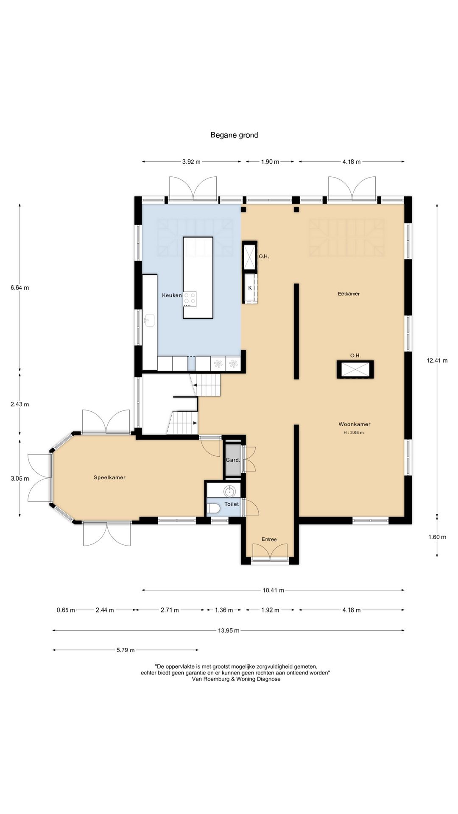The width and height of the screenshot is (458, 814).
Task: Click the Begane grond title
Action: coord(234,135)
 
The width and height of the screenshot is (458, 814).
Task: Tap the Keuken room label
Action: coord(172,295)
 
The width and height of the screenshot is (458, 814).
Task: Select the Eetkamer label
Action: coord(349,293)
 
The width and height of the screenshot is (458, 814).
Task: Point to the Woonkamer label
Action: coord(355,424)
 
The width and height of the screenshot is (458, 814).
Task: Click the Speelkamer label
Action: coord(109,477)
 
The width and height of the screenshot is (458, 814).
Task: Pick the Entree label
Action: coord(269,539)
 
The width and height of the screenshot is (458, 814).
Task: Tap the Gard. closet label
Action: coord(233,460)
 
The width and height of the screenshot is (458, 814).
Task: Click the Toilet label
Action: coord(232,504)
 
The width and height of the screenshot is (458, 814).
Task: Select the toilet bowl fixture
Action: coord(213,508)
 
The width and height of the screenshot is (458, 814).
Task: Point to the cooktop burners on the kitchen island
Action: coord(190,299)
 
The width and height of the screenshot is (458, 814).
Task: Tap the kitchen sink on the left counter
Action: coord(150,320)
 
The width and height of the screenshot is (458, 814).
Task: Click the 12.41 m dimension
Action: coord(437,361)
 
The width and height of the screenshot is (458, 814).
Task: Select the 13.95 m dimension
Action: coord(229,630)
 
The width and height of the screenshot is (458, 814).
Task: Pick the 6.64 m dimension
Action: coord(20,288)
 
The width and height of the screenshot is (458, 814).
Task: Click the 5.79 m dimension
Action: coord(126,650)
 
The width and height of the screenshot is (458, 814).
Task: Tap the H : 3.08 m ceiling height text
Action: coord(354,433)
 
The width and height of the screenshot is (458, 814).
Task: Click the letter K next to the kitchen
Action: coord(250,288)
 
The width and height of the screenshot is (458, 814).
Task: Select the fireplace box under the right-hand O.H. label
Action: coord(355,369)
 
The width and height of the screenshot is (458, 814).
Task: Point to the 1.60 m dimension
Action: coord(437,537)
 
